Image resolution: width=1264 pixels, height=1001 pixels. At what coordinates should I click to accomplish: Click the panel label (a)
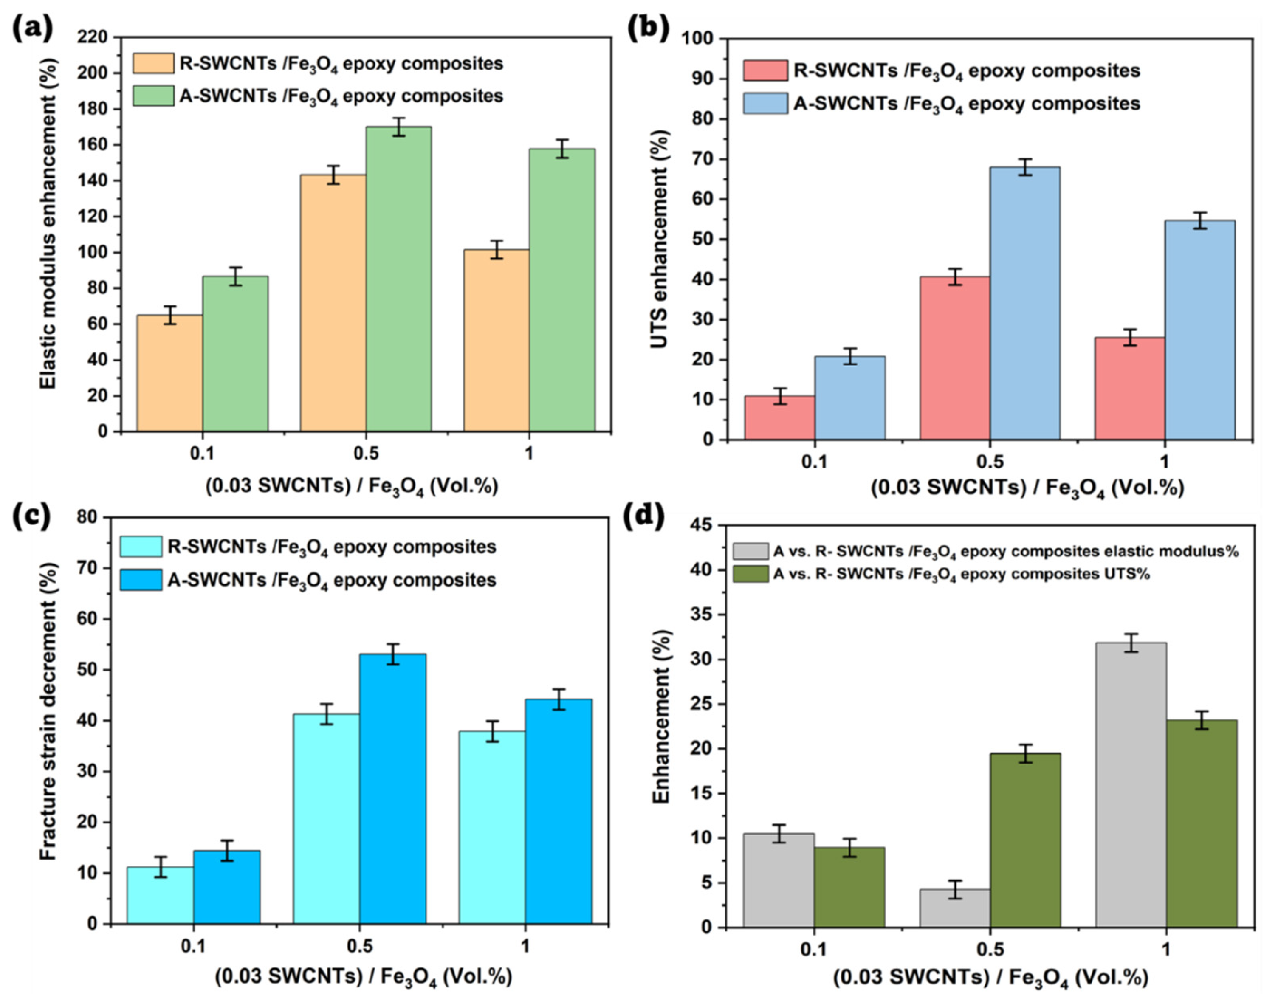[32, 28]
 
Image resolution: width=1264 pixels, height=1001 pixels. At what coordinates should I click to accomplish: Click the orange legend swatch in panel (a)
[153, 63]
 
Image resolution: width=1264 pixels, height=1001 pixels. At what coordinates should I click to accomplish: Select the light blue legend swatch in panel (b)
[765, 103]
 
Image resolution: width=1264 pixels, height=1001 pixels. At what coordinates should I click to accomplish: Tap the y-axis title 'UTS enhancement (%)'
[660, 239]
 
